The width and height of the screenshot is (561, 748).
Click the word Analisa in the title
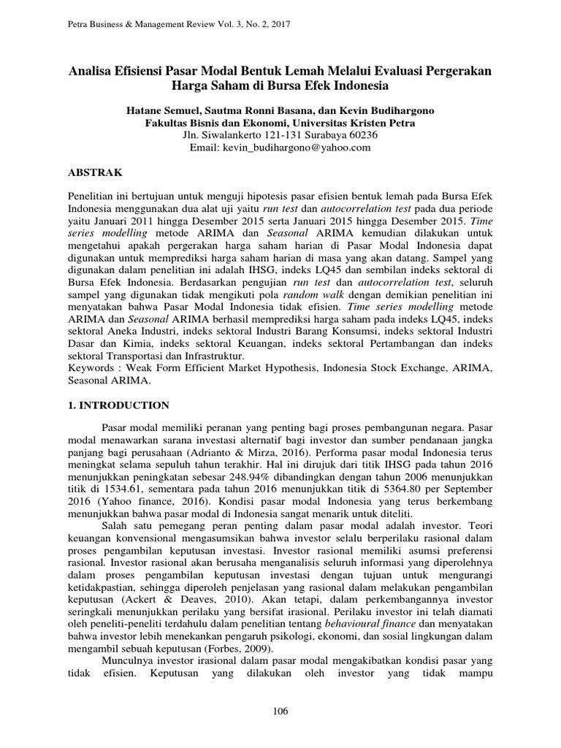point(92,71)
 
